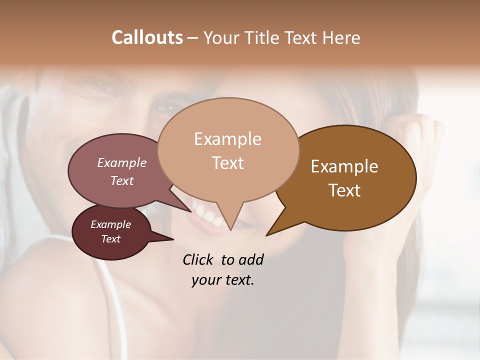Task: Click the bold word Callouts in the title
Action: click(147, 37)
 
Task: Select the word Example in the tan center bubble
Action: click(227, 139)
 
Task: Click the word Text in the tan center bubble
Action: click(227, 163)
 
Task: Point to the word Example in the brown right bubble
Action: click(344, 166)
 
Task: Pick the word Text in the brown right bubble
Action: click(344, 190)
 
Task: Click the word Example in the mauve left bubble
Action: click(122, 162)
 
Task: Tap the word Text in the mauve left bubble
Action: click(122, 180)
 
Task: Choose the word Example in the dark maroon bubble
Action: click(110, 224)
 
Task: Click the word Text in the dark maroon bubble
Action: click(110, 239)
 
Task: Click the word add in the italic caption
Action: click(251, 259)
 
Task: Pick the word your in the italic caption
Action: click(206, 280)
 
